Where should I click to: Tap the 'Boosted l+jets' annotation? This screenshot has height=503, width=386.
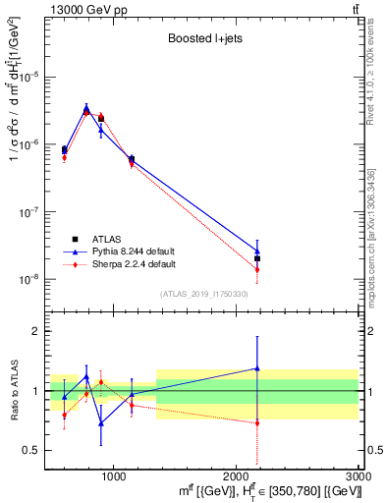(x=203, y=39)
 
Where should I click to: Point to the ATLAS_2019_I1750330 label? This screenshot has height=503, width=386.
(x=203, y=293)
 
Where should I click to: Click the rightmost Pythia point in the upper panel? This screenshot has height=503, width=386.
(x=257, y=251)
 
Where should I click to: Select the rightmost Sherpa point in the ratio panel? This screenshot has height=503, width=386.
(x=257, y=423)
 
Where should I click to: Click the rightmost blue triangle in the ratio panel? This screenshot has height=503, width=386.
(x=257, y=368)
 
